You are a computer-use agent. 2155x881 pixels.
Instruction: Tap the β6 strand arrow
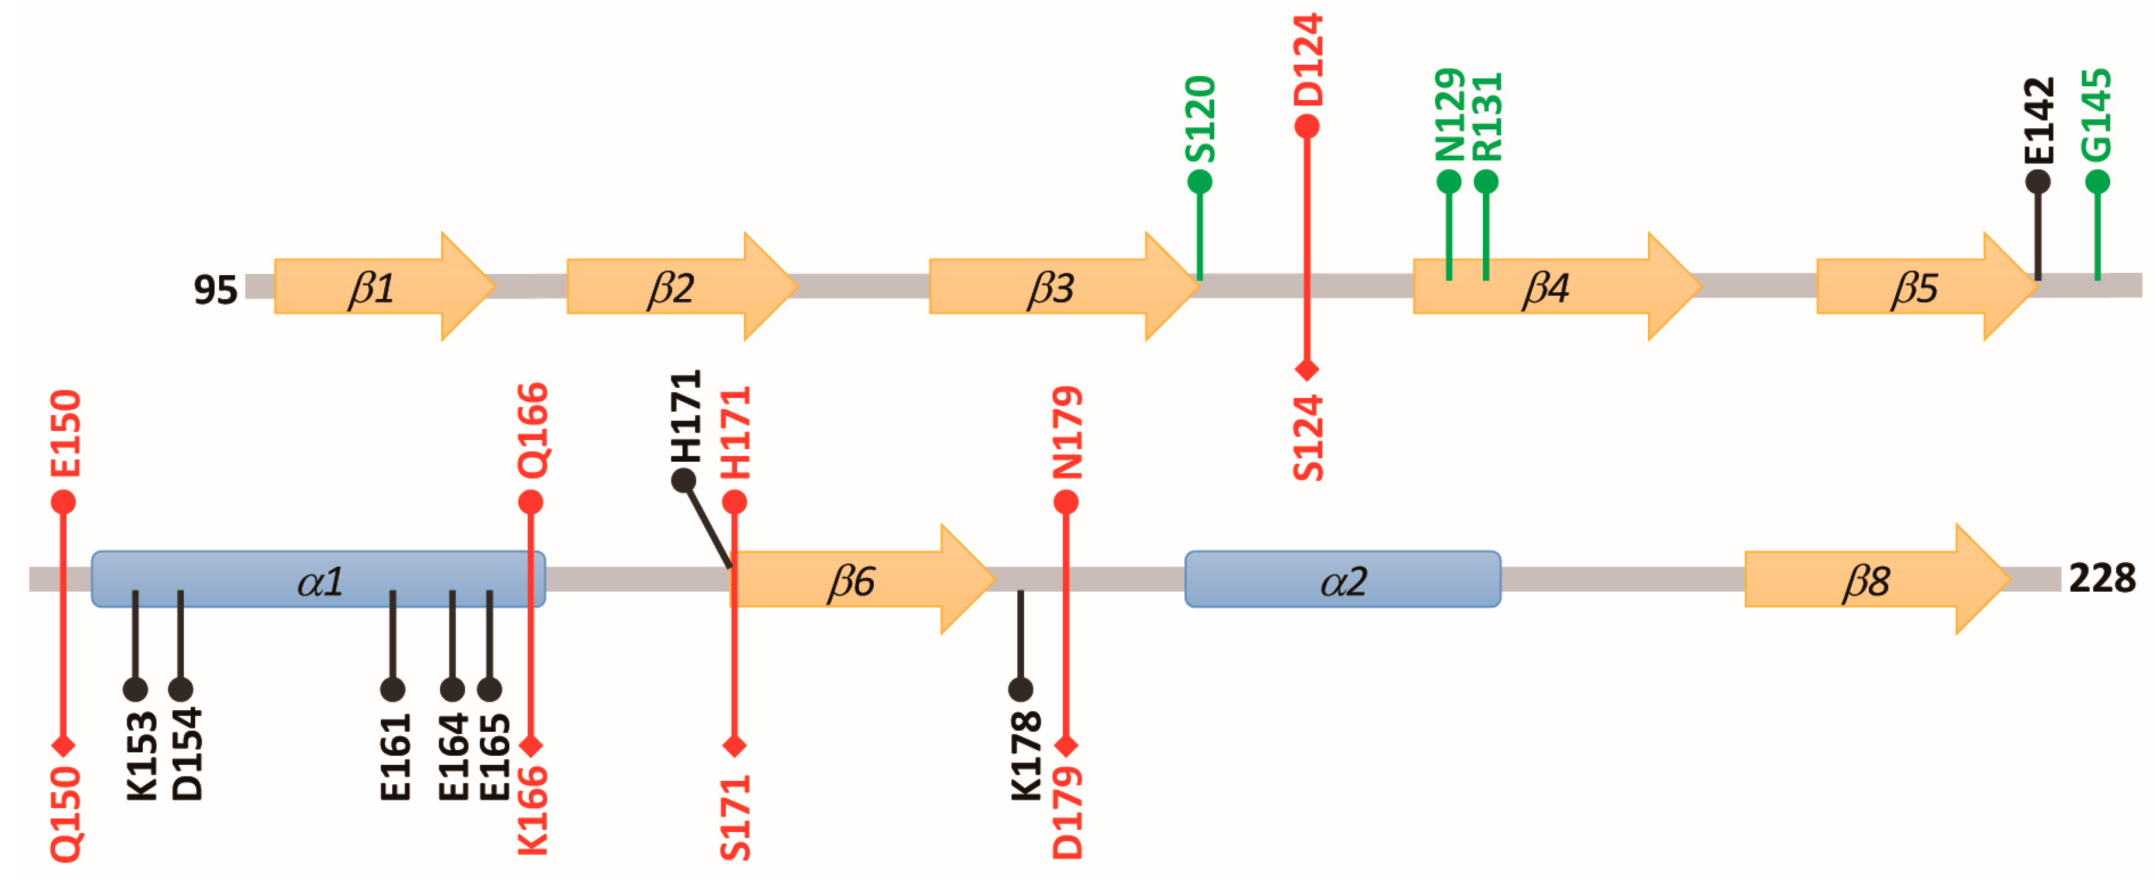[862, 580]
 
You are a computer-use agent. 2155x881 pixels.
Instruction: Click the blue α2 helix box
[1342, 580]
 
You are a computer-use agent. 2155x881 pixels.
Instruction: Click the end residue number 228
[2101, 578]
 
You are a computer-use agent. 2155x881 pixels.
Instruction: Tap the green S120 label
[1200, 119]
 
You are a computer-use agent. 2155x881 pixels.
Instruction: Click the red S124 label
[1307, 437]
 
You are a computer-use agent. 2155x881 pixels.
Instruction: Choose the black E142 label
[2039, 121]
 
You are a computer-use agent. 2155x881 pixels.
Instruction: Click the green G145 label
[2097, 115]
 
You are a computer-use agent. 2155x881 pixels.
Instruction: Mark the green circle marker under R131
[1486, 181]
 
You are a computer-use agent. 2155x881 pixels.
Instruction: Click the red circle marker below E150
[64, 502]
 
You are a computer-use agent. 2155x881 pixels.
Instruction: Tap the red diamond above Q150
[64, 745]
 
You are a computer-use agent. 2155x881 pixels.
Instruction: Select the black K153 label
[140, 756]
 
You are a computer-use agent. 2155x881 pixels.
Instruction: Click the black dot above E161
[392, 689]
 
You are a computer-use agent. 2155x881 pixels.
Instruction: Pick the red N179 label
[1067, 433]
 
